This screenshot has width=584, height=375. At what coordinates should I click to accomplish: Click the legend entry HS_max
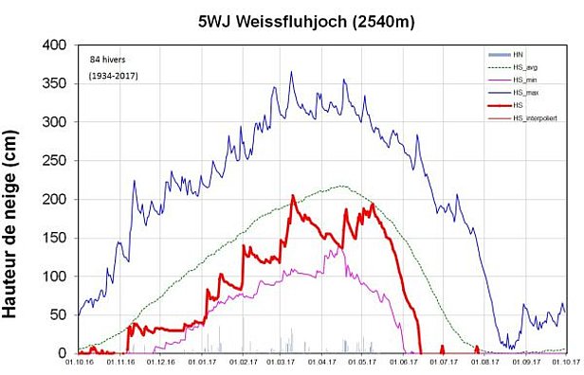(526, 91)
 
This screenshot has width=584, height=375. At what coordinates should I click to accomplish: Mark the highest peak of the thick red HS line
(293, 195)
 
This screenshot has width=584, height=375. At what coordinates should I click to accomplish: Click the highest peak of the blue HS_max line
(291, 71)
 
